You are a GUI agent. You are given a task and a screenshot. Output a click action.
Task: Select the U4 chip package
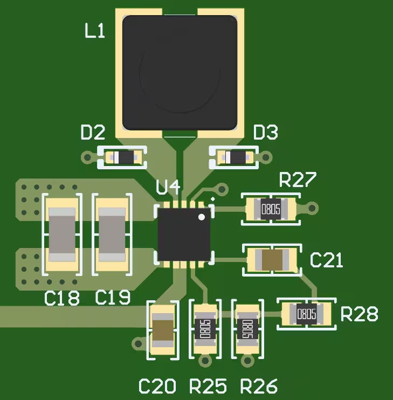coord(183,235)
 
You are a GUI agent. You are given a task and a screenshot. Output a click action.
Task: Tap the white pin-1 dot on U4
coord(202,217)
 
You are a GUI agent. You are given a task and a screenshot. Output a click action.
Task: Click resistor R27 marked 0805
coord(271,208)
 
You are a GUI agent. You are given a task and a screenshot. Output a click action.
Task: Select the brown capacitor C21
coord(272,260)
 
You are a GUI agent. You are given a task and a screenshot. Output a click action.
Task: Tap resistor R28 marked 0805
coord(306,313)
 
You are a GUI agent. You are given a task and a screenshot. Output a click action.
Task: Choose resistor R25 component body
coord(205,328)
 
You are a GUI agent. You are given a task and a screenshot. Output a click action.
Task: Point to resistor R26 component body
coord(247,328)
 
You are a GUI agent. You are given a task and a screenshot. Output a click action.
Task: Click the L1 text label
coord(95,32)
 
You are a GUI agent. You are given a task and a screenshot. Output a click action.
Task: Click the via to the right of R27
coord(312,208)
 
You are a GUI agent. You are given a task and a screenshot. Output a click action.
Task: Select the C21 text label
coord(327,260)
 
